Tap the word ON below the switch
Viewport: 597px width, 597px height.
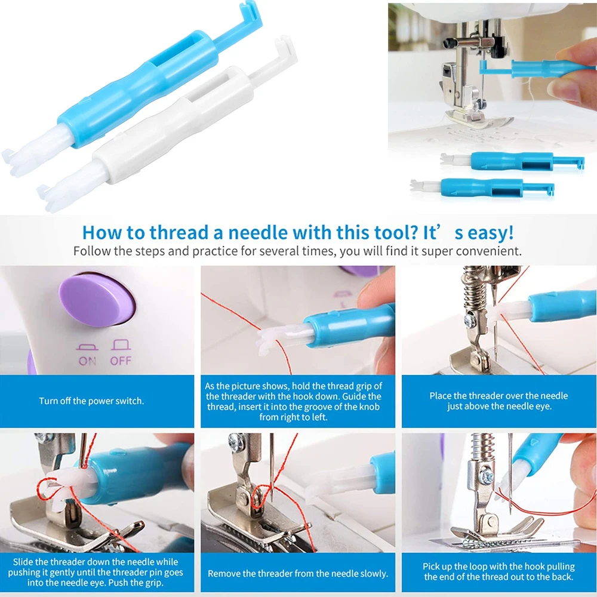point(87,361)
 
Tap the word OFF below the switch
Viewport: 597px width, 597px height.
point(121,361)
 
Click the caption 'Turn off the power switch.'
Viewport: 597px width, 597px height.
point(91,401)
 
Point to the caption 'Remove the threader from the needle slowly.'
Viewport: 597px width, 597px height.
point(298,574)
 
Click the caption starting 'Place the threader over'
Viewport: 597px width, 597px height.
point(498,401)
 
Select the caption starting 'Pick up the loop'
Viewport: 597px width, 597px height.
point(498,571)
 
